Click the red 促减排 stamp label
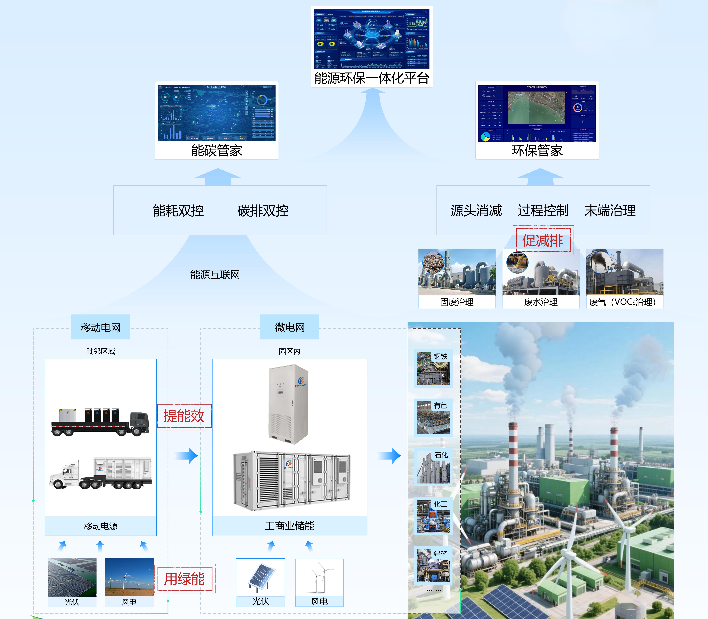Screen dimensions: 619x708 (543, 240)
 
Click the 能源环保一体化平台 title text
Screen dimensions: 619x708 (372, 78)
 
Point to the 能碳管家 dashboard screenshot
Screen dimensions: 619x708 (217, 113)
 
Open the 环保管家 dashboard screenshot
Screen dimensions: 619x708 (537, 113)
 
